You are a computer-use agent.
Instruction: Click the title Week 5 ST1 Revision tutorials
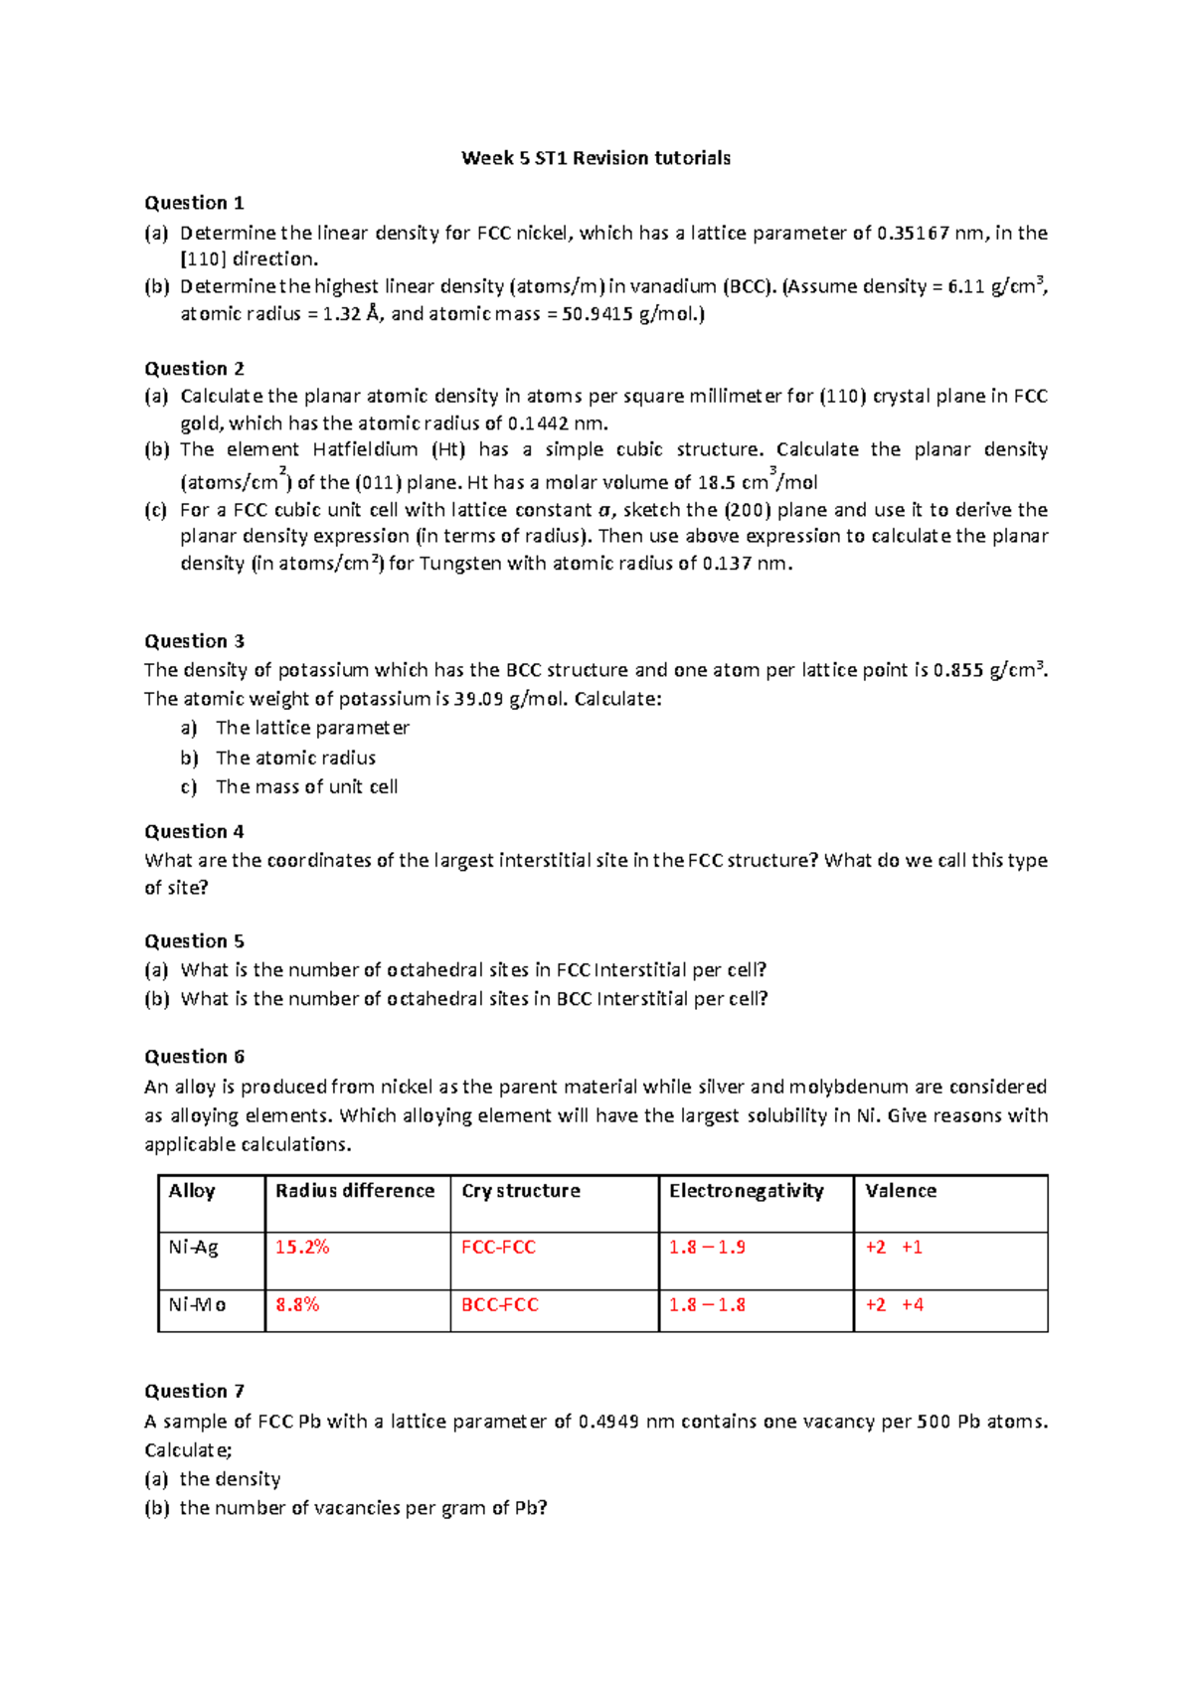[596, 158]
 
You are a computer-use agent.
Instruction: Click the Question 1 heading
[194, 203]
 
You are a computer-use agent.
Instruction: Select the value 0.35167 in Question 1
[913, 234]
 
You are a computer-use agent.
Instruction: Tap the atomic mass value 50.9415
[598, 314]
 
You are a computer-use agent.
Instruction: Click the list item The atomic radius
[295, 758]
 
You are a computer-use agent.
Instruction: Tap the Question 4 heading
[194, 831]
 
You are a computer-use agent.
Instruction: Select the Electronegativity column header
[746, 1191]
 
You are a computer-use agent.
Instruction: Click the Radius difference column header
[355, 1191]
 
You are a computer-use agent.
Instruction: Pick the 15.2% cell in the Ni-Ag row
[302, 1248]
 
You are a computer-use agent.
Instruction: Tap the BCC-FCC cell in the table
[499, 1305]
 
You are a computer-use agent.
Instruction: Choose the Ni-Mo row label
[197, 1305]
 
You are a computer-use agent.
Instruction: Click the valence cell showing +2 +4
[894, 1305]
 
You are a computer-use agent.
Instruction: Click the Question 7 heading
[194, 1391]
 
